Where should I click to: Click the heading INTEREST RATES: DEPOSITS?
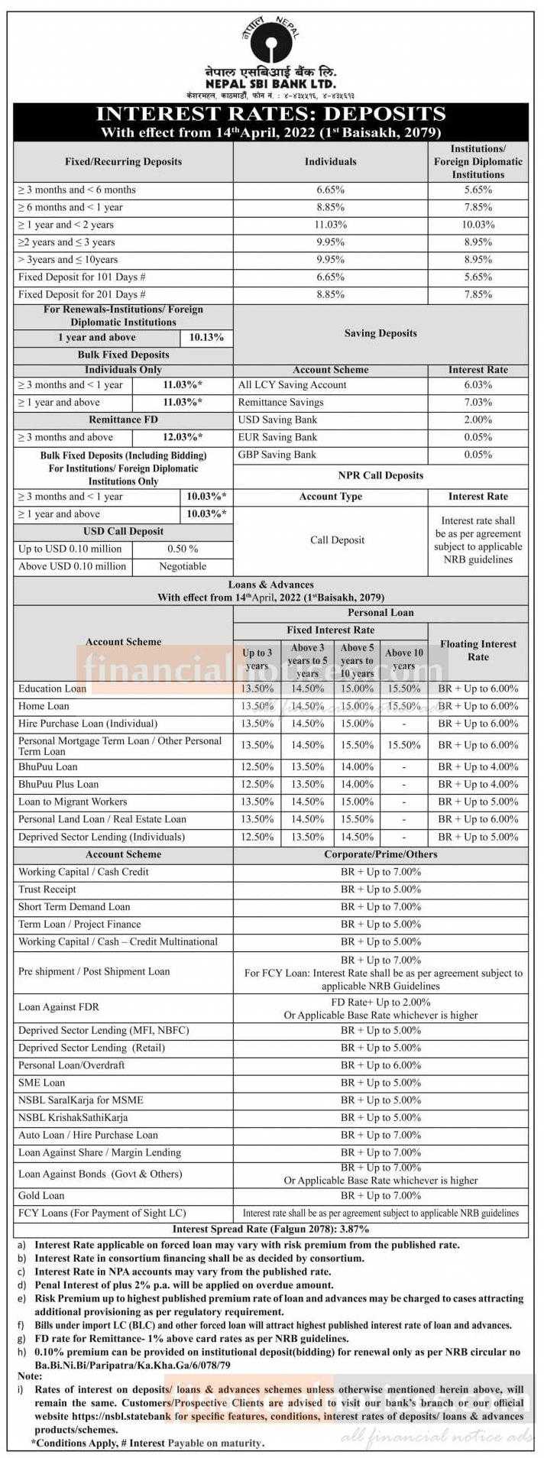pos(270,114)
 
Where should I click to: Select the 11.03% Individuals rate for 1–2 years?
pos(330,225)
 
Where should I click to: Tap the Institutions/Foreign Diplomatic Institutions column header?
pos(478,162)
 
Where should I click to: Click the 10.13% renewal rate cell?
pos(206,337)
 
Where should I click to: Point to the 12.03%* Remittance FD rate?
pos(183,437)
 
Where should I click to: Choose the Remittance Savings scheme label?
pos(280,402)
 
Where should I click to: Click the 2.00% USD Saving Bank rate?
pos(478,420)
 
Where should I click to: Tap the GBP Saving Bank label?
pos(277,455)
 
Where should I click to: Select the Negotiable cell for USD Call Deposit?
pos(183,566)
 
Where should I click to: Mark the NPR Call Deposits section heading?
pos(382,475)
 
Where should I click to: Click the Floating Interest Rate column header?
pos(478,650)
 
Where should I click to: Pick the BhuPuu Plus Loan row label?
pos(58,784)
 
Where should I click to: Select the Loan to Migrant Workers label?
pos(73,802)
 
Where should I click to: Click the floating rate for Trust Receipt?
pos(380,889)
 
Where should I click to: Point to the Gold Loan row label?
pos(41,1195)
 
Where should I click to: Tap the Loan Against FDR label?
pos(59,1007)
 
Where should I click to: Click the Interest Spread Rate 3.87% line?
pos(270,1230)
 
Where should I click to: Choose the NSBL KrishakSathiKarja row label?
pos(73,1117)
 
